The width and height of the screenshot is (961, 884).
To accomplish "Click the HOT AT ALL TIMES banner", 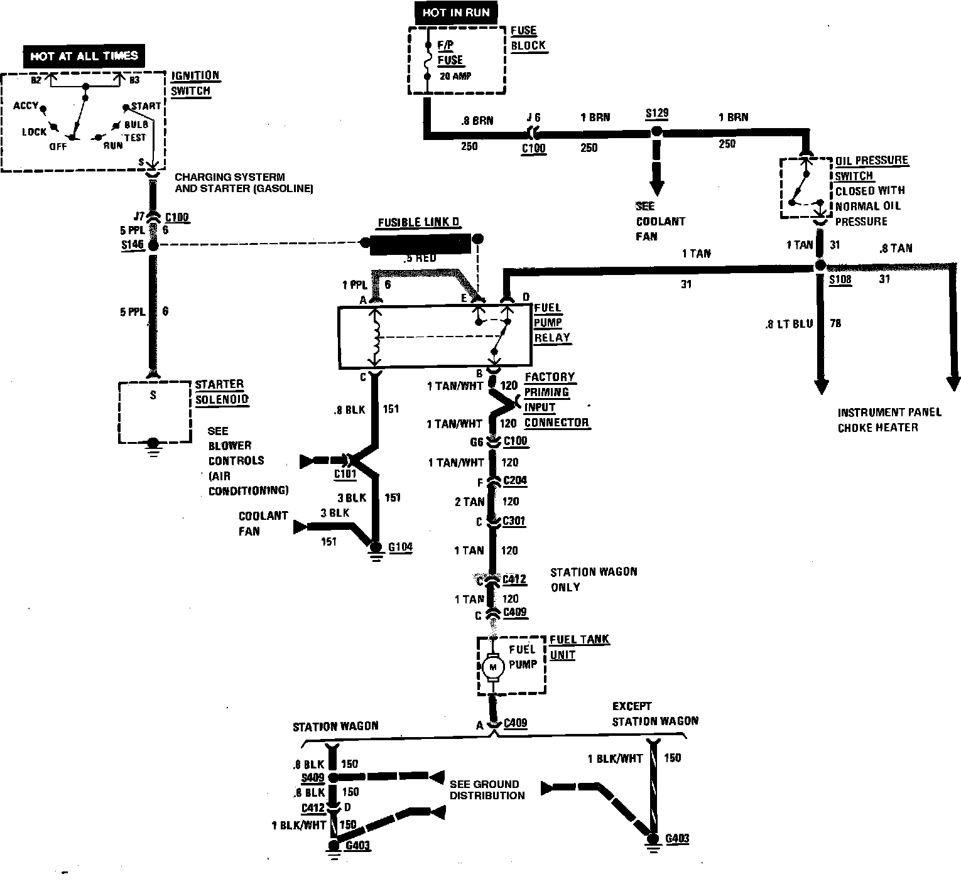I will coord(84,56).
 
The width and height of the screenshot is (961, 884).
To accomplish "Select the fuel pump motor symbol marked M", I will coord(492,667).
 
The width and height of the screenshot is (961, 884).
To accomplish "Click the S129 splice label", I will coord(657,114).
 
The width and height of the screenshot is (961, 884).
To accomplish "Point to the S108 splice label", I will coord(840,280).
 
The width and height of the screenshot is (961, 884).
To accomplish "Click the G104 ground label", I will coord(400,547).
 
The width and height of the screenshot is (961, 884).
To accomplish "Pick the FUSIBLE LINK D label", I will coord(419,224).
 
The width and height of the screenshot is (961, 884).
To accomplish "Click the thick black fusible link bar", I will coord(420,244).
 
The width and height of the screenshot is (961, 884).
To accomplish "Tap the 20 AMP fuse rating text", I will coord(454,76).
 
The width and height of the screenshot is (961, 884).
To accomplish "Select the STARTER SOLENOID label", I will coord(220,392).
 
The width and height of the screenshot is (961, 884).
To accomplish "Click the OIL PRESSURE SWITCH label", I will coord(871,168).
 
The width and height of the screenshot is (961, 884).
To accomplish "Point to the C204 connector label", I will coord(514,481).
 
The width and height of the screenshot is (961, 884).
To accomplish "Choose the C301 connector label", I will coord(514,521).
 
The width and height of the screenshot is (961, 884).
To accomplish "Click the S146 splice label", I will coord(133,245).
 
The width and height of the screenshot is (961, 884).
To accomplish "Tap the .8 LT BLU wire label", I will coord(788,324).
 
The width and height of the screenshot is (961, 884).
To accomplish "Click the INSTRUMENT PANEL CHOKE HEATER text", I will coord(889,420).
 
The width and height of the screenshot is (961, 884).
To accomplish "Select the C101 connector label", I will coord(345,473).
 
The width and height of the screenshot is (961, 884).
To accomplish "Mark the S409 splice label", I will coord(313,777).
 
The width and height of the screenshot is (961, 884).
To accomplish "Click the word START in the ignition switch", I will coord(146,106).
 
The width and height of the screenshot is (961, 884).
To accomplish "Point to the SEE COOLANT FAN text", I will coord(660,221).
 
